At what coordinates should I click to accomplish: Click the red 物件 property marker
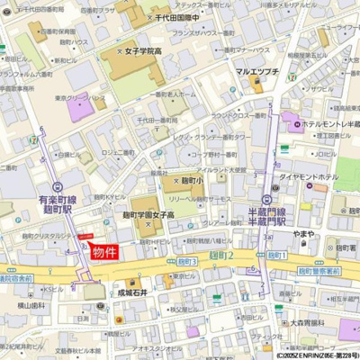(x=106, y=253)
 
